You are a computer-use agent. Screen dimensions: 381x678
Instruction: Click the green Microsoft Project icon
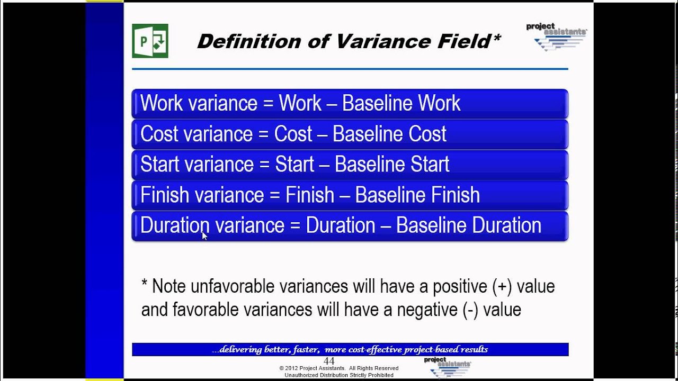[150, 41]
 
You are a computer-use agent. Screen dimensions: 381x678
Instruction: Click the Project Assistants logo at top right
[556, 37]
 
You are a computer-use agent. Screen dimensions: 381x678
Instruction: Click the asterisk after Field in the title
[496, 38]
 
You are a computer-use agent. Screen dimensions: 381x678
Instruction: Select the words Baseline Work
[401, 103]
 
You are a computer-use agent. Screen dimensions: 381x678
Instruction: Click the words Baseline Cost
[389, 134]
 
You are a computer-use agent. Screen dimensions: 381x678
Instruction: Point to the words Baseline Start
[392, 165]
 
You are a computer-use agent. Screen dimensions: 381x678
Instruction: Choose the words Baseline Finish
[417, 195]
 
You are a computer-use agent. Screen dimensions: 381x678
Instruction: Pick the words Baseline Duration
[469, 225]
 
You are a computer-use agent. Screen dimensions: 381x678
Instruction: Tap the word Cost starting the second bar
[159, 134]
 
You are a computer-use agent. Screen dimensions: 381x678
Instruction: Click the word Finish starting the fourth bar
[165, 195]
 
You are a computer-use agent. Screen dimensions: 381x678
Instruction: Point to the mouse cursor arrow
[204, 236]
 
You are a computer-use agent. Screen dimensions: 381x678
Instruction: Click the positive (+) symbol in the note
[501, 287]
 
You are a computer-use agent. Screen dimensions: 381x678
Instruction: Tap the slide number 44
[329, 361]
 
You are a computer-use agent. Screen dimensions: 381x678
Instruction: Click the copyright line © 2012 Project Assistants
[339, 368]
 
